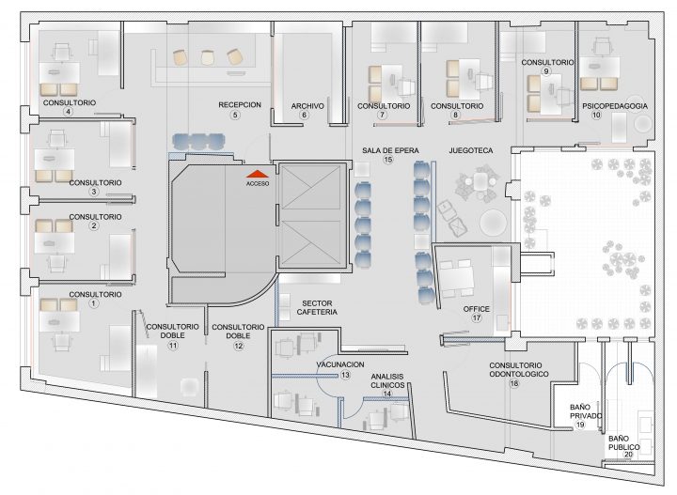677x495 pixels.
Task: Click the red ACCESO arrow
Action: pyautogui.click(x=258, y=174)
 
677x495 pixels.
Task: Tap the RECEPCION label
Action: pyautogui.click(x=240, y=105)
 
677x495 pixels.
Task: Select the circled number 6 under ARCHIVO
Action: pyautogui.click(x=305, y=115)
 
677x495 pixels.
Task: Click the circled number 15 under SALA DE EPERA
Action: pyautogui.click(x=388, y=160)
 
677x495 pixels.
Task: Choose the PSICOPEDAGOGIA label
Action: pyautogui.click(x=615, y=106)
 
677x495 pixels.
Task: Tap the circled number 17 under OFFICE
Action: pyautogui.click(x=476, y=318)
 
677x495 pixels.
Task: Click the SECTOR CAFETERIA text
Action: pyautogui.click(x=317, y=307)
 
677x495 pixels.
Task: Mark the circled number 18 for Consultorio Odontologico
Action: pyautogui.click(x=514, y=383)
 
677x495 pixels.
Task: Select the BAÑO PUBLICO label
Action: pyautogui.click(x=624, y=442)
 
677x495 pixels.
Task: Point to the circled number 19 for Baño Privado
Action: pyautogui.click(x=580, y=425)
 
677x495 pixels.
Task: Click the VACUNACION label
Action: pyautogui.click(x=340, y=364)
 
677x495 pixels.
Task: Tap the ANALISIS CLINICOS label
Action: pyautogui.click(x=387, y=380)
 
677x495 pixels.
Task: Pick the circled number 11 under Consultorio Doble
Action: pyautogui.click(x=173, y=346)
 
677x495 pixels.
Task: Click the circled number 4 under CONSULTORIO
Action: pyautogui.click(x=68, y=112)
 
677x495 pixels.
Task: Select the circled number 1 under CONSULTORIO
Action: pyautogui.click(x=94, y=303)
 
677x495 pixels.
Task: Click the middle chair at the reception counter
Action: pyautogui.click(x=208, y=57)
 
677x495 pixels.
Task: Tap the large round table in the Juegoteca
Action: pyautogui.click(x=493, y=223)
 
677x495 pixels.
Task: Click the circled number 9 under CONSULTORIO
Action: pyautogui.click(x=546, y=71)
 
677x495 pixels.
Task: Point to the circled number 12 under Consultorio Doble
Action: pyautogui.click(x=238, y=346)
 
